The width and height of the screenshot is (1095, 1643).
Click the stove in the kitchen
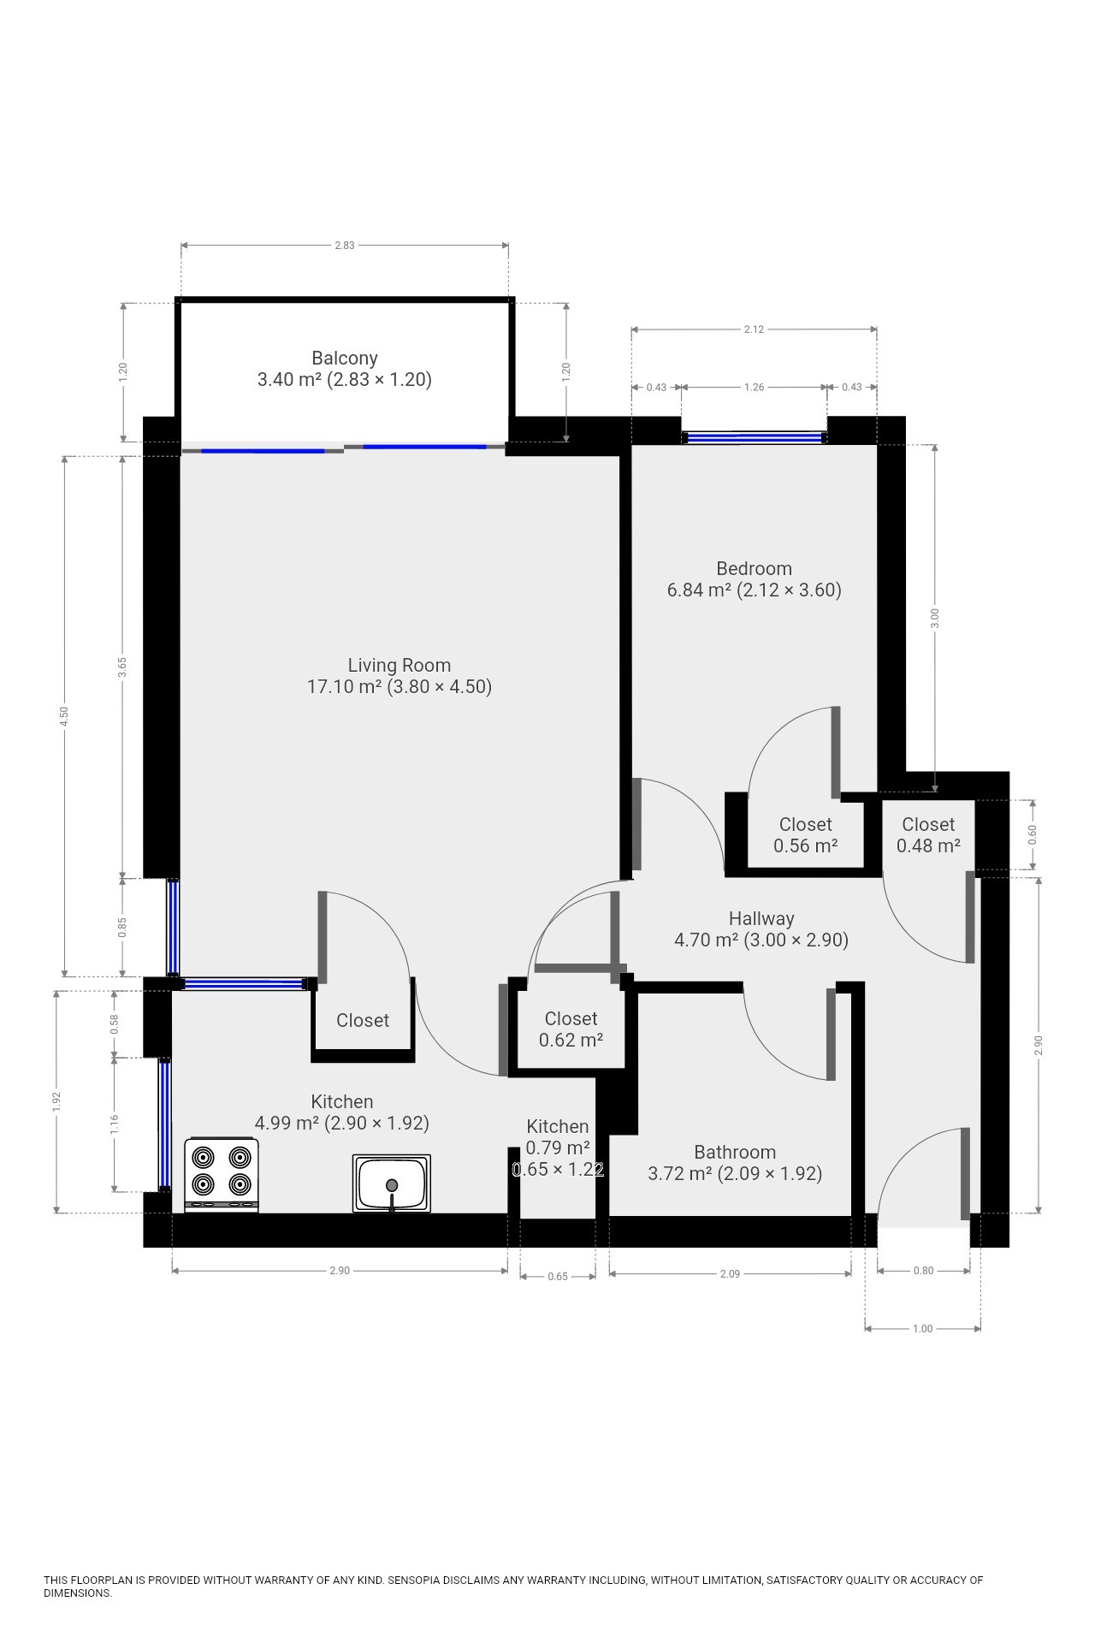222,1175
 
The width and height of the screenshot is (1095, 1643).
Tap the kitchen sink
392,1183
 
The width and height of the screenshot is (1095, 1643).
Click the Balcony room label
345,369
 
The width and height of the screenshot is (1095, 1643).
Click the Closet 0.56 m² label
805,835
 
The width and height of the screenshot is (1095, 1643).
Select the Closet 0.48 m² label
928,835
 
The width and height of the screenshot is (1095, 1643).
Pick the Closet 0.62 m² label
571,1029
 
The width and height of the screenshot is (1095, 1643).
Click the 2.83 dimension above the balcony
344,246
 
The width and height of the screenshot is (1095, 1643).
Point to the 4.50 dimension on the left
64,716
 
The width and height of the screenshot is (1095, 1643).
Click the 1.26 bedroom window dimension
754,388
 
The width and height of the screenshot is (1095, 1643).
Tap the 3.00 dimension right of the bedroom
935,618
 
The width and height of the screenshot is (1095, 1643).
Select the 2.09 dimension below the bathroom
730,1274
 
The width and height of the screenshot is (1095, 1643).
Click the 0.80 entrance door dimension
924,1271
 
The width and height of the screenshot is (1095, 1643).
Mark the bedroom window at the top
755,437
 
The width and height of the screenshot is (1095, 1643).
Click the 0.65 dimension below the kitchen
558,1277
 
